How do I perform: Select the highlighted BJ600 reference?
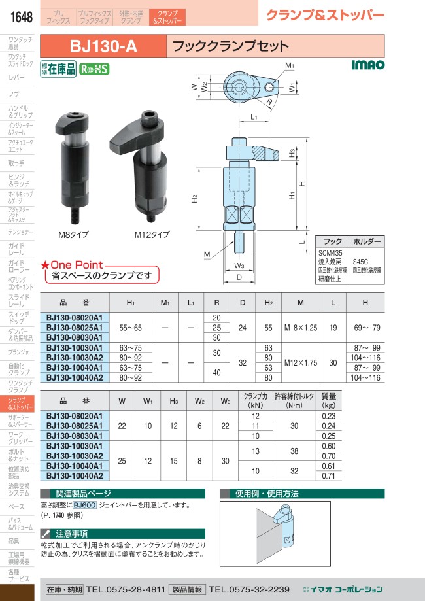(x=85, y=505)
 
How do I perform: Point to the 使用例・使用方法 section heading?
(x=259, y=494)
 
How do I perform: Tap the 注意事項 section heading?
(x=72, y=534)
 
